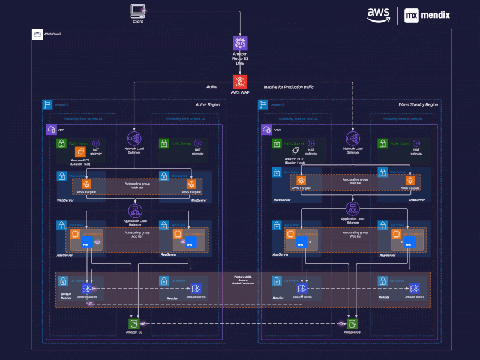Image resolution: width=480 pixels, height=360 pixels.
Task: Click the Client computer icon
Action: click(137, 10)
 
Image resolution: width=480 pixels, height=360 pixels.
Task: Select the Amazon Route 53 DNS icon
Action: click(240, 43)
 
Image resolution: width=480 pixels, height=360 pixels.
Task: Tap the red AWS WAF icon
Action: click(240, 82)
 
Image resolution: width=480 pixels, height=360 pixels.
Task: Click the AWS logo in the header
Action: click(379, 14)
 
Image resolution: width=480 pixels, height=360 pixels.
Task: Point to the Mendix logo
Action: click(427, 14)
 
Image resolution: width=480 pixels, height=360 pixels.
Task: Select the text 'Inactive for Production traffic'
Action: click(289, 88)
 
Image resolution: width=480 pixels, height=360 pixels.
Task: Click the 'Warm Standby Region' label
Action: click(418, 105)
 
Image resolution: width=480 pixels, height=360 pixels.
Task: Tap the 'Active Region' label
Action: click(208, 105)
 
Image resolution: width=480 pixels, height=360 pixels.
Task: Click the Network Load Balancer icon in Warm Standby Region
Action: click(352, 138)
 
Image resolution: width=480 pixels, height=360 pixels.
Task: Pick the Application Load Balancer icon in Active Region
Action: click(135, 211)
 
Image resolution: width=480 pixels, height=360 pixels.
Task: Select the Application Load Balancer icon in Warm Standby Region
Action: click(352, 209)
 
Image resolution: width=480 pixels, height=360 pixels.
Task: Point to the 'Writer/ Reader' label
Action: click(66, 296)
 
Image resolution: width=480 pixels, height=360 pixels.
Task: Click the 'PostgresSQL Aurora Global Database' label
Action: click(242, 280)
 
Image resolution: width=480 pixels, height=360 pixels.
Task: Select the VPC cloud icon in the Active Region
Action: click(52, 130)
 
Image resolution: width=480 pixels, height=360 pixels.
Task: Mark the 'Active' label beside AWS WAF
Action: click(212, 88)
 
